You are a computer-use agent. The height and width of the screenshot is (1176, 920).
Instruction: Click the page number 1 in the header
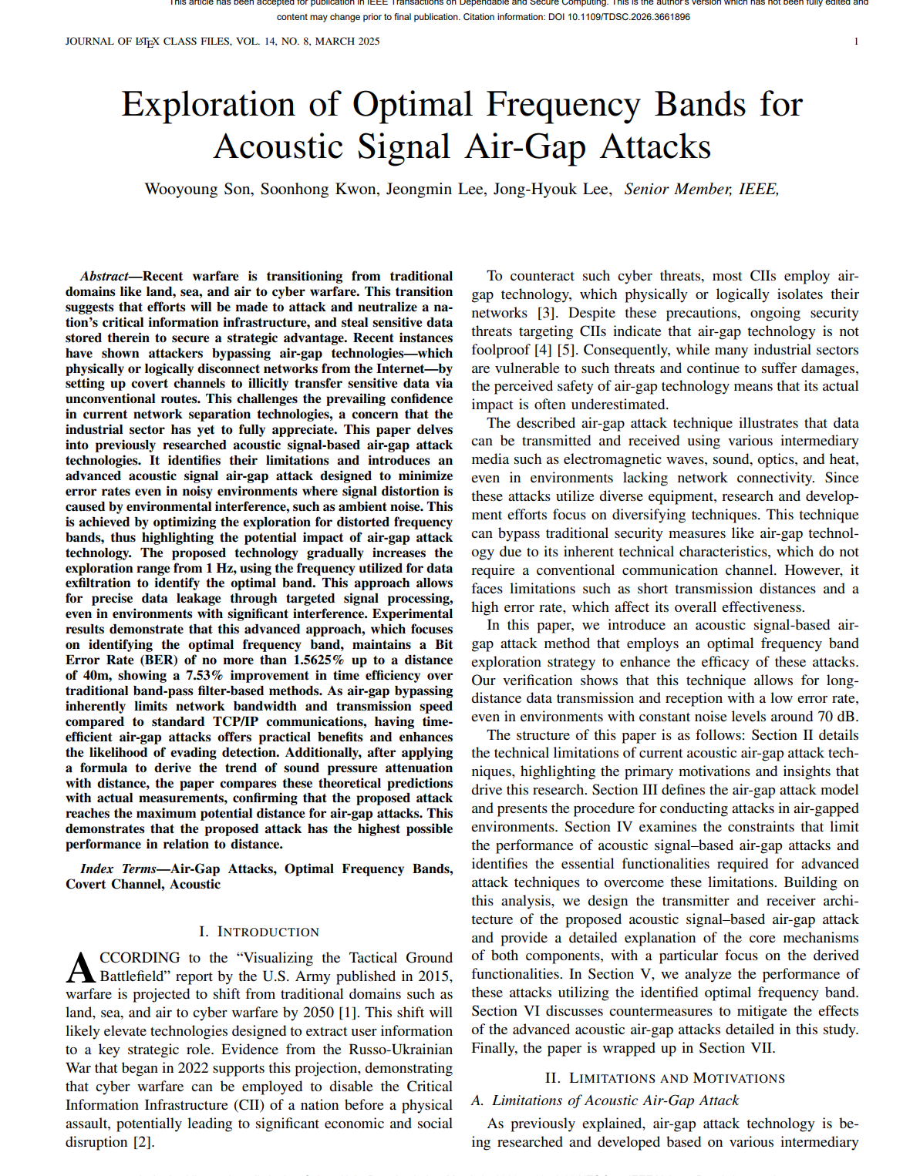[x=856, y=42]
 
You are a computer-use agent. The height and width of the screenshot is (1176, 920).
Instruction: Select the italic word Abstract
[x=104, y=277]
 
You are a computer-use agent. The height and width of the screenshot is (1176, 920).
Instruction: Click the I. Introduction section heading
[x=259, y=932]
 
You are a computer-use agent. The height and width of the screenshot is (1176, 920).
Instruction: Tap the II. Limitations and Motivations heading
[x=665, y=1078]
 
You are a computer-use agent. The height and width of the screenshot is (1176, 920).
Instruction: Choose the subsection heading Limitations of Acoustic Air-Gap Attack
[x=615, y=1100]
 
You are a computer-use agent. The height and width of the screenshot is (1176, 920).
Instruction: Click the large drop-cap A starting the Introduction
[x=81, y=968]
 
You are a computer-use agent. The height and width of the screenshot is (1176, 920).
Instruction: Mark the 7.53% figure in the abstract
[x=204, y=676]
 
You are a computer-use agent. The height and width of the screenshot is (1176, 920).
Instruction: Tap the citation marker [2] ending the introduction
[x=143, y=1142]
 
